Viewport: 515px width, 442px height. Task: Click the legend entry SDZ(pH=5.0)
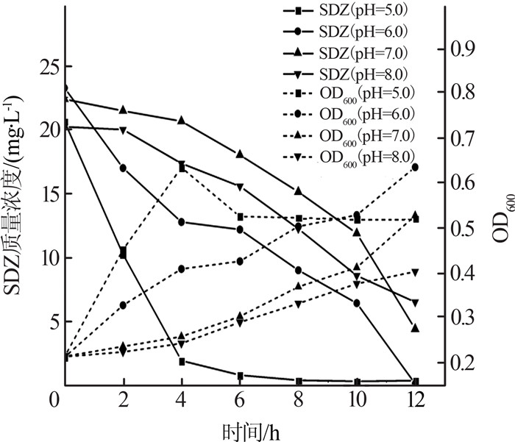[x=345, y=11]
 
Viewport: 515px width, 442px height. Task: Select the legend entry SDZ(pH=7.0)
[x=345, y=53]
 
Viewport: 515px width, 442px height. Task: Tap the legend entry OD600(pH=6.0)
[x=349, y=115]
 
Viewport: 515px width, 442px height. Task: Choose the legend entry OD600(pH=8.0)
[x=349, y=158]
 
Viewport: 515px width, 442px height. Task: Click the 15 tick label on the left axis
[x=51, y=193]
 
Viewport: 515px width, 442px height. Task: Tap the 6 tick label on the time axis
[x=239, y=400]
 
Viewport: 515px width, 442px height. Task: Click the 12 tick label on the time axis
[x=415, y=400]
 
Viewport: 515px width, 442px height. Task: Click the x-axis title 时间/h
[x=252, y=432]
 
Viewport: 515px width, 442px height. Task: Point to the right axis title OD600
[x=502, y=218]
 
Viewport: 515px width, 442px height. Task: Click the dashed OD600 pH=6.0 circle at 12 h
[x=415, y=168]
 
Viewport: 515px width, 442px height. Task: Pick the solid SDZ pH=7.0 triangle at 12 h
[x=415, y=328]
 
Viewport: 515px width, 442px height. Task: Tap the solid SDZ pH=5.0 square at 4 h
[x=182, y=362]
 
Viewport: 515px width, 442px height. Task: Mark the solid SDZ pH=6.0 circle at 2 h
[x=123, y=168]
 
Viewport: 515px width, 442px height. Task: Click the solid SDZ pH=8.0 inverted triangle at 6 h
[x=240, y=188]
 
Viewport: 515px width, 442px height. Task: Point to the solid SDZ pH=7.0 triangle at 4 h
[x=181, y=120]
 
